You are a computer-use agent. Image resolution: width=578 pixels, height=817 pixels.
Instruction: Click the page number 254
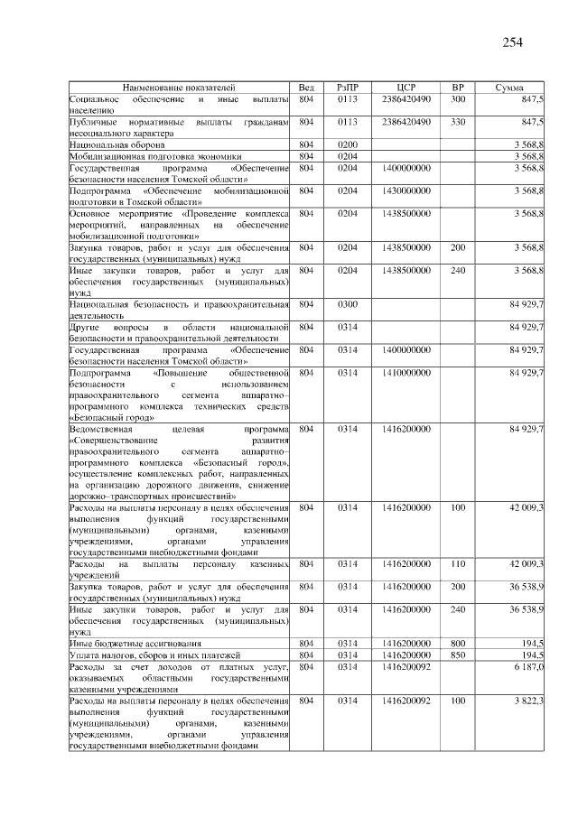[512, 42]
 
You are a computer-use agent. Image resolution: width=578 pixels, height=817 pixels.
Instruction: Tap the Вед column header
[306, 87]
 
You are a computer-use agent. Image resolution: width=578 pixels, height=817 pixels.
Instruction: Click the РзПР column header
[348, 87]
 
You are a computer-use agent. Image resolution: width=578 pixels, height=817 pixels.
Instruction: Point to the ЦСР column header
[406, 87]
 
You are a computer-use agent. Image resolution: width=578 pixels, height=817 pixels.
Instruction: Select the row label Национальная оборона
[117, 144]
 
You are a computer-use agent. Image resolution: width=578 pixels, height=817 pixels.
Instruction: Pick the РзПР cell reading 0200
[348, 144]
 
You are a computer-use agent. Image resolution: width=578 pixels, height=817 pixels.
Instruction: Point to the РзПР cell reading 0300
[348, 304]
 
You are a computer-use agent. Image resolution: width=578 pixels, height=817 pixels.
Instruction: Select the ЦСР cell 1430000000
[406, 190]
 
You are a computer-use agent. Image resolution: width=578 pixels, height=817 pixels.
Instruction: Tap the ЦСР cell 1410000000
[406, 373]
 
